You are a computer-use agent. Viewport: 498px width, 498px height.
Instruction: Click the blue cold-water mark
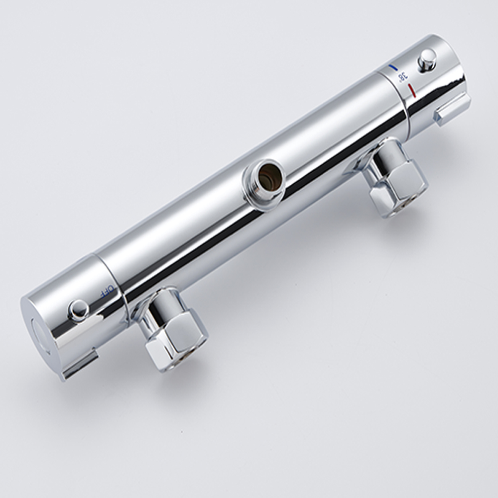click(x=392, y=67)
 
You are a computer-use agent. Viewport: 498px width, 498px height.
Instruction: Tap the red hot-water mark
click(x=411, y=90)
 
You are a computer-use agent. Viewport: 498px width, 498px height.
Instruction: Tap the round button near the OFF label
click(x=78, y=310)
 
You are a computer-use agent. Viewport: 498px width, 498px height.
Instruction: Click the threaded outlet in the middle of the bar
click(x=262, y=183)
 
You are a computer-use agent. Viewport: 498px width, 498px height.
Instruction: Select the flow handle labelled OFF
click(x=75, y=319)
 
